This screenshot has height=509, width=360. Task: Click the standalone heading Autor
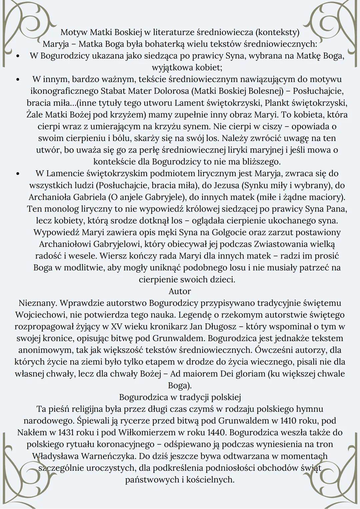coord(180,291)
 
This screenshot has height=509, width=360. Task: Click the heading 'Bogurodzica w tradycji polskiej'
coord(180,397)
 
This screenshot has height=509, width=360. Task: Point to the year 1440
coord(217,432)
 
